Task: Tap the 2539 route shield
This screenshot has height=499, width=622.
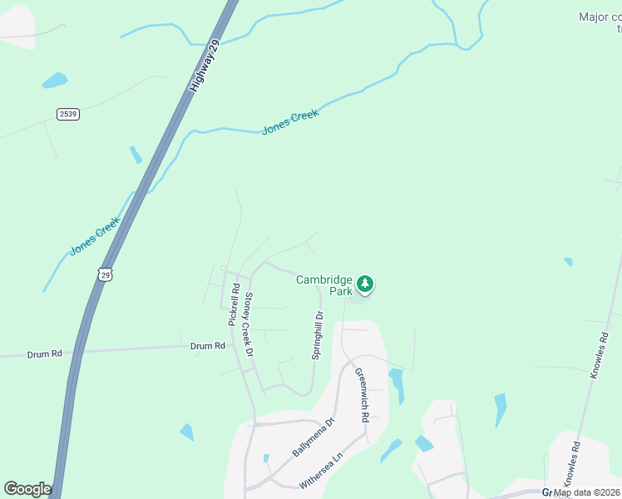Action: (x=68, y=114)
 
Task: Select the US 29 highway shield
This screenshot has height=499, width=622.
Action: (x=104, y=274)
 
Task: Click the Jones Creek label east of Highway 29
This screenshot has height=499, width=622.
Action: (x=290, y=122)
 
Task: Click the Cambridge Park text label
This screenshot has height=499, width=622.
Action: (x=324, y=286)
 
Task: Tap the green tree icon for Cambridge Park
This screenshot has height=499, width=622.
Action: (x=364, y=284)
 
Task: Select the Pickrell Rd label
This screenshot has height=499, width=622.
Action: (x=234, y=304)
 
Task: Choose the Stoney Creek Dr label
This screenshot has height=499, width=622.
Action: (x=248, y=324)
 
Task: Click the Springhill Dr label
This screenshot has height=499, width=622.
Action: (x=317, y=335)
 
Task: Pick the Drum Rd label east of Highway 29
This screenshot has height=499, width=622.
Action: (x=208, y=346)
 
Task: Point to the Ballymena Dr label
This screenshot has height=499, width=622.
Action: (x=313, y=437)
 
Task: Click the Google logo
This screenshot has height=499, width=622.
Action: (x=27, y=489)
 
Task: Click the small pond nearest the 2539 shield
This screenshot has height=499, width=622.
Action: (x=55, y=81)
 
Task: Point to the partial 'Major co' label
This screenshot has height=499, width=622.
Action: (x=600, y=17)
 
